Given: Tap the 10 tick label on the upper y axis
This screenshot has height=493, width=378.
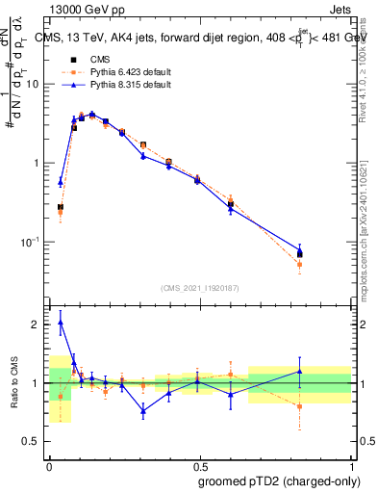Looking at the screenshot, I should coord(33,84).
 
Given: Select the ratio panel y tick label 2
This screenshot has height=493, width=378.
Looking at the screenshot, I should coord(37,324).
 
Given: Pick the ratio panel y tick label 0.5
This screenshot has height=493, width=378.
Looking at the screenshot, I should coord(33,442).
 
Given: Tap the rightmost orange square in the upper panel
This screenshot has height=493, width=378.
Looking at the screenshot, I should coord(326,264).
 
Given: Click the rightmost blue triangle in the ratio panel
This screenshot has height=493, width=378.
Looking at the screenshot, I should coord(326,371).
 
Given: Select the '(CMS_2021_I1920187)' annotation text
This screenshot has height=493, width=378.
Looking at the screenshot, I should coord(199,287).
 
